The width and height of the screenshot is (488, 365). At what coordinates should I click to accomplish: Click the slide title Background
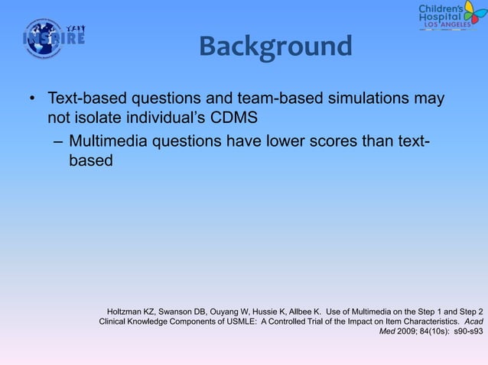point(275,47)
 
